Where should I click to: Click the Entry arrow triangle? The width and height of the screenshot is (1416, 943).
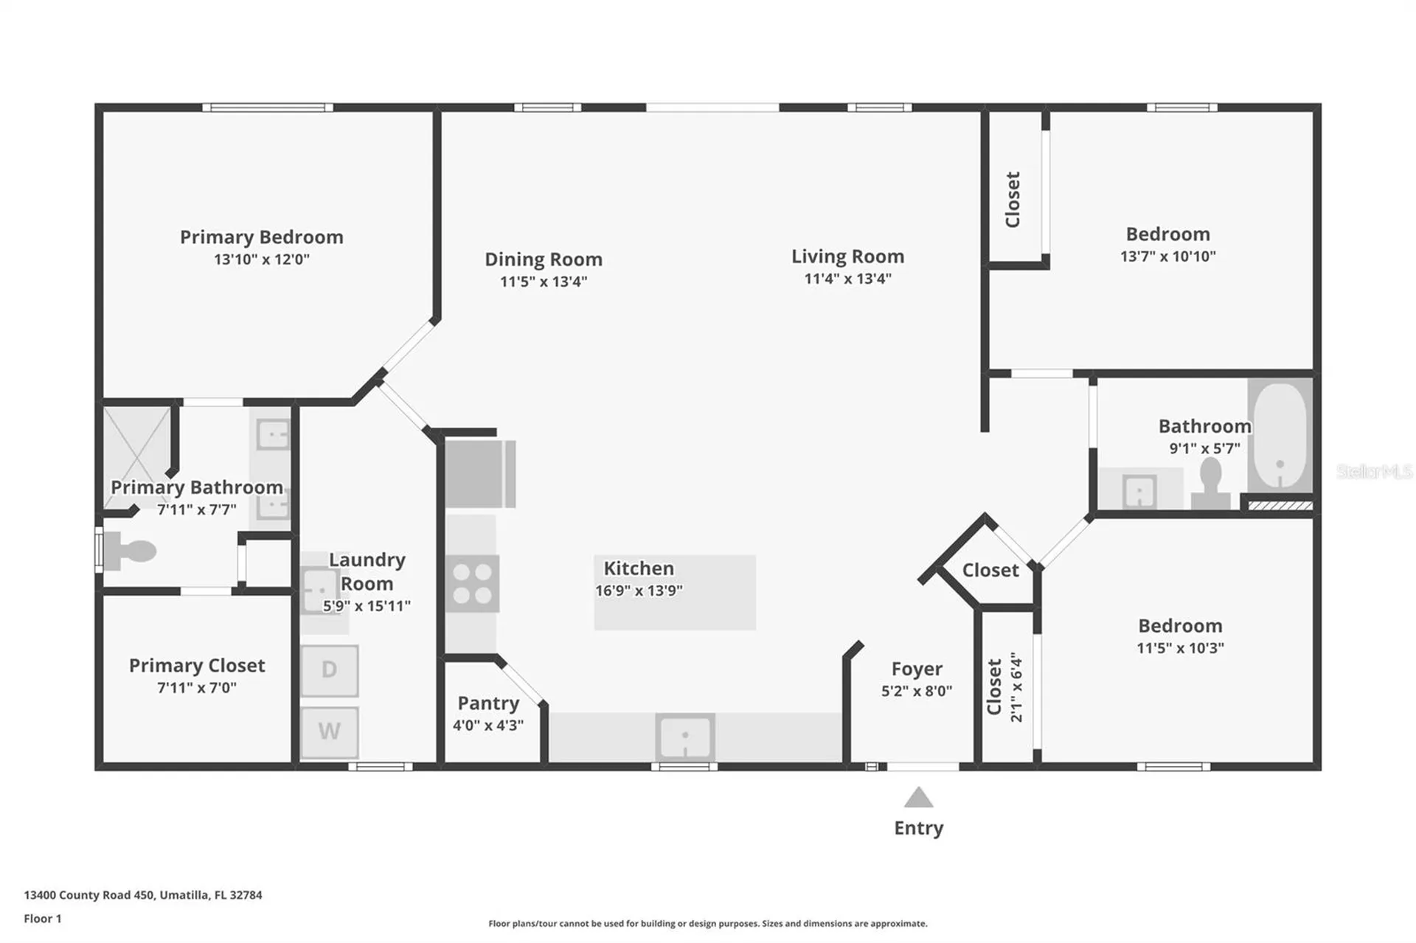918,797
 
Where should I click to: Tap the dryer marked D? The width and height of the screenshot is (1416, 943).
330,670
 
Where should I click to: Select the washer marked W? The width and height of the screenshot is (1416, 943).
330,732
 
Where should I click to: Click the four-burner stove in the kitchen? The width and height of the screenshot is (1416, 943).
472,583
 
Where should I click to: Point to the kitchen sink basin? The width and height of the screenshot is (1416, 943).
685,737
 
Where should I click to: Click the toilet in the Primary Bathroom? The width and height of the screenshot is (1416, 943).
129,551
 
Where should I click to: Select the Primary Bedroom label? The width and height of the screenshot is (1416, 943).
262,237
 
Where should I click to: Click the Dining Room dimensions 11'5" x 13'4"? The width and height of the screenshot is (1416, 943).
544,282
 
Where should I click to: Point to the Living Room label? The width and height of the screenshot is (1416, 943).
847,256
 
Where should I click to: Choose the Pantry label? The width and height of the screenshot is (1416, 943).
488,703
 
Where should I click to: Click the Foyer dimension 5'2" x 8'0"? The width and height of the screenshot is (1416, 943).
917,691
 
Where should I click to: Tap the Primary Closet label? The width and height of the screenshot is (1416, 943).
197,665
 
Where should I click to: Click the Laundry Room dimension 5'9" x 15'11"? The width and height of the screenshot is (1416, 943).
367,606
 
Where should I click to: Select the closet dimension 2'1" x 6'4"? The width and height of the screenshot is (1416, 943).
1016,686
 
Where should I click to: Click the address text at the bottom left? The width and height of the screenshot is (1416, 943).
143,895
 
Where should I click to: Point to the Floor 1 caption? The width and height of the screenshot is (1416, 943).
43,919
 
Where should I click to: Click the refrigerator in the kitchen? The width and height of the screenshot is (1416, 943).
480,473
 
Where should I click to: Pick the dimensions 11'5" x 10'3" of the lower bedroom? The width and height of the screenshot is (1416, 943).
1180,648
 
